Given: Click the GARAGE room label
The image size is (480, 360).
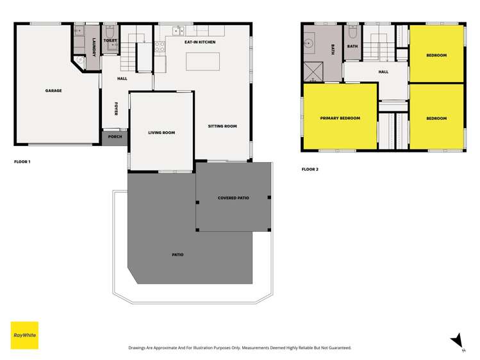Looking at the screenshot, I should [x=53, y=91].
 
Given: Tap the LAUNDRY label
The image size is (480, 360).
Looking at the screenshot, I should [x=94, y=47].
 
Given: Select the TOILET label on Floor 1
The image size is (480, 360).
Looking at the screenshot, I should [x=110, y=40].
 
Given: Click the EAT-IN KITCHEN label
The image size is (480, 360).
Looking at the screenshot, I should [x=200, y=42].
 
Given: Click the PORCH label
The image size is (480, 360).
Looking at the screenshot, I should [x=115, y=137].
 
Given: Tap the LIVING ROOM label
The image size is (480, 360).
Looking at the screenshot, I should [x=161, y=133].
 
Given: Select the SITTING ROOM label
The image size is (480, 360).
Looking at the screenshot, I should [x=222, y=126].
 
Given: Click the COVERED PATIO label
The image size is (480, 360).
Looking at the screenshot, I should [x=233, y=198].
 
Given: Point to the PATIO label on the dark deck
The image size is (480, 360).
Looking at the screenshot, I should [x=178, y=255].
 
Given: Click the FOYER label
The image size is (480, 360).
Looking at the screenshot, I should [x=116, y=108].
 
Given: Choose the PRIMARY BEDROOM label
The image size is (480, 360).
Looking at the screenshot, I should [x=340, y=118].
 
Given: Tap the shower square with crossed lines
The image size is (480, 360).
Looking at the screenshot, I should [x=314, y=72].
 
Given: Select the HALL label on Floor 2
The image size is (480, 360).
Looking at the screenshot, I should [x=383, y=72].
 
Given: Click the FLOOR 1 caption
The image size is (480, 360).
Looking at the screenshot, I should [x=22, y=162].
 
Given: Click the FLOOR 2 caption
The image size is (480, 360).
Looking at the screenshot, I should [x=310, y=170].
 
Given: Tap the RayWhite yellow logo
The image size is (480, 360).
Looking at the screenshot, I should [x=24, y=335].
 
